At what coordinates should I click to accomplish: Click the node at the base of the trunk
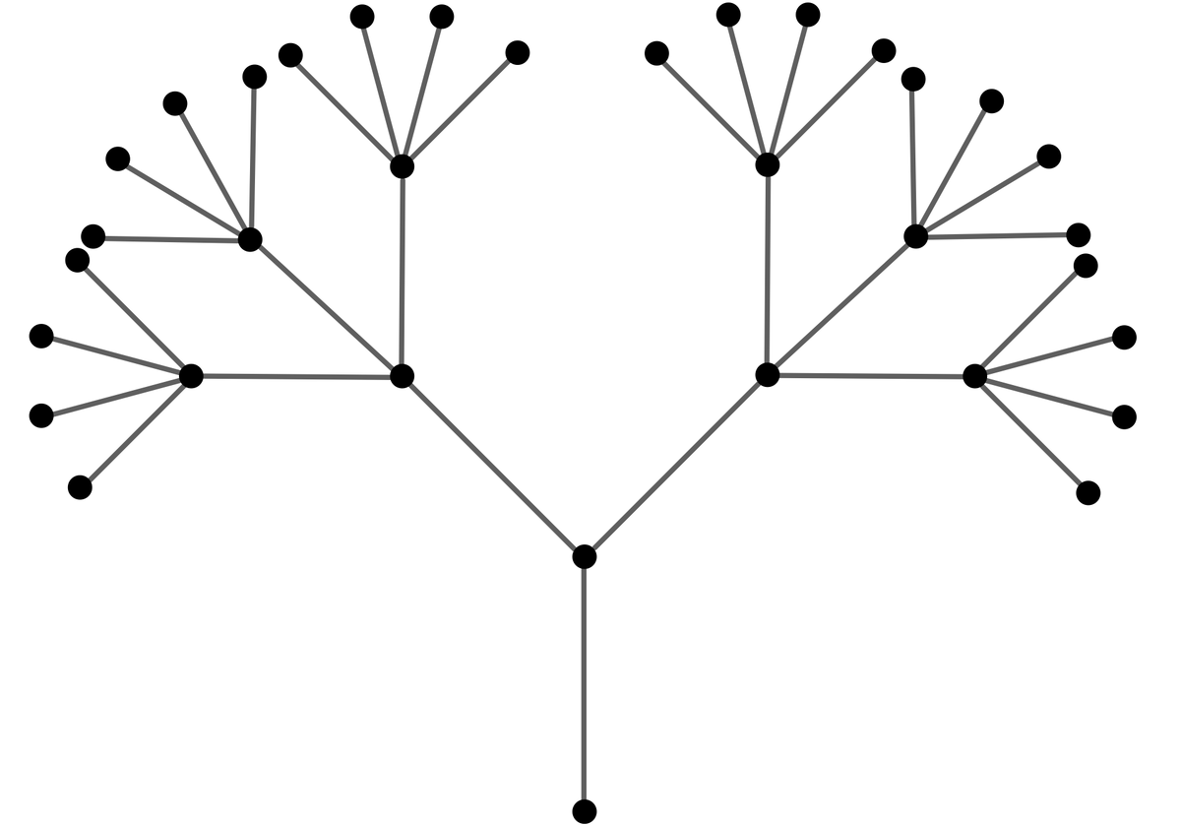[584, 811]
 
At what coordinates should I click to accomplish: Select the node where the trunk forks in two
[584, 556]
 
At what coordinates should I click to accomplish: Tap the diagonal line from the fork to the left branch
[492, 466]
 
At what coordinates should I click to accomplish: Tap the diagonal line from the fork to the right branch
[675, 466]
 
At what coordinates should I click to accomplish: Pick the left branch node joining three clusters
[402, 375]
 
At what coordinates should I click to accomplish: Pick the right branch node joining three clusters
[768, 374]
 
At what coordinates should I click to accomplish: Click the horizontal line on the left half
[295, 375]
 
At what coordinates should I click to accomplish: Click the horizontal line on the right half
[871, 375]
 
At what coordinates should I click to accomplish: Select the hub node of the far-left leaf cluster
[191, 375]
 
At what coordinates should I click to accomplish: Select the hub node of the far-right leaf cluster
[974, 375]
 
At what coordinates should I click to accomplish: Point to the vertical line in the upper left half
[402, 271]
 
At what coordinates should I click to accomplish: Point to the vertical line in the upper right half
[768, 269]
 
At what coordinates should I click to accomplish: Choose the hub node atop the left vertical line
[402, 165]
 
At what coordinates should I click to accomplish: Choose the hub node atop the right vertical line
[768, 164]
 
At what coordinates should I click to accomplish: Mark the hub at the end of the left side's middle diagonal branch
[250, 238]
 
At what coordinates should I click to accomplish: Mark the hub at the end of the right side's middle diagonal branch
[915, 236]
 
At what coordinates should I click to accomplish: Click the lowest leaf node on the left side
[81, 487]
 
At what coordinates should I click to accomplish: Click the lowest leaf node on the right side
[1088, 492]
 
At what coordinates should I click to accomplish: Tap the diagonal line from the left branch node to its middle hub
[326, 307]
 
